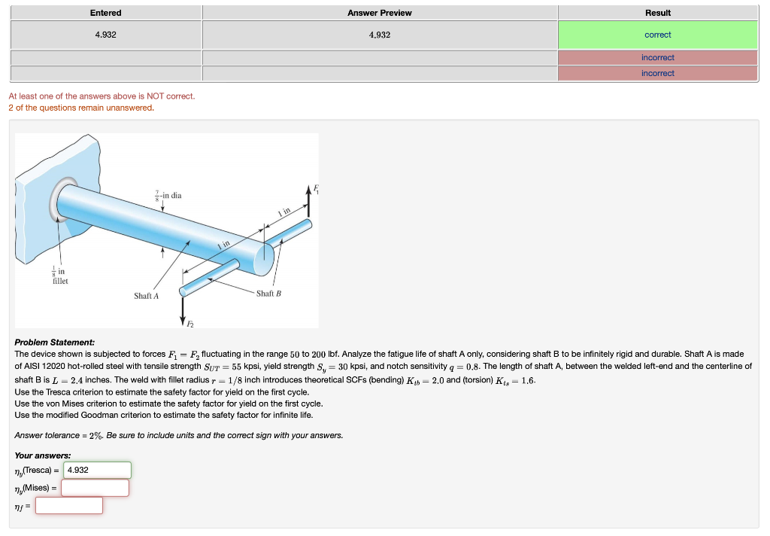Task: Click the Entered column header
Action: [105, 13]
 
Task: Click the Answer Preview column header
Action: [379, 13]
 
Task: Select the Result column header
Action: [657, 13]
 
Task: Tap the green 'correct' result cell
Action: [657, 35]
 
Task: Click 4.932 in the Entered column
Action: [105, 35]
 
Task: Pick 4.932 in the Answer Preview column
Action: [379, 35]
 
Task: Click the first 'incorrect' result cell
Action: [657, 57]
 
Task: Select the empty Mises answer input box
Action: [95, 488]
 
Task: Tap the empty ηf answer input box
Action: [69, 505]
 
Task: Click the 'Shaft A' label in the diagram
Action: [146, 296]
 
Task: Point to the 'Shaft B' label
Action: [268, 293]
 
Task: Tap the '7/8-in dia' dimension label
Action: [168, 196]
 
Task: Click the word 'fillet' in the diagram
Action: [59, 281]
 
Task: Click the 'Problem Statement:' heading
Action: [55, 343]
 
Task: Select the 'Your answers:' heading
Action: [43, 455]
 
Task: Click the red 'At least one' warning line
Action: [102, 96]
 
